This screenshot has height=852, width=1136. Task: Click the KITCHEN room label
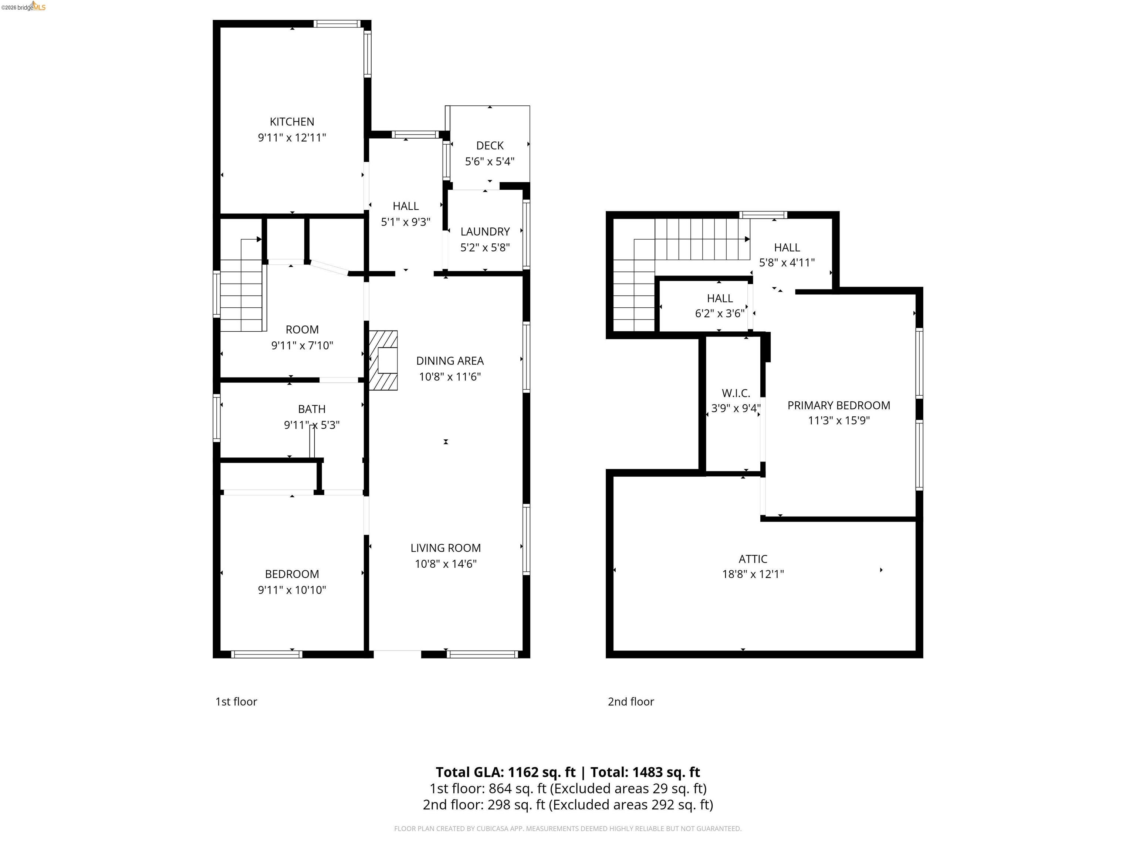(292, 122)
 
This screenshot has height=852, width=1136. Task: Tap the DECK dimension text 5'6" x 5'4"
(490, 161)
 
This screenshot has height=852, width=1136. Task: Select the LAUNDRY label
(485, 231)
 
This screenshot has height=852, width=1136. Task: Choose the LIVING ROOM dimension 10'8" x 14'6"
(445, 564)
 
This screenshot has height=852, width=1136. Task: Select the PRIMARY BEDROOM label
(839, 405)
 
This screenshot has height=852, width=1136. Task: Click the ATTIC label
(753, 559)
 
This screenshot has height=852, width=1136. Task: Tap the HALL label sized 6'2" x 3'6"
(720, 298)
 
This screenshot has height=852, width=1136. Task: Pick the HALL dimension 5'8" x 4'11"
(787, 263)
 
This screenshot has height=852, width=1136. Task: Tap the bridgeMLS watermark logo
(24, 7)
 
